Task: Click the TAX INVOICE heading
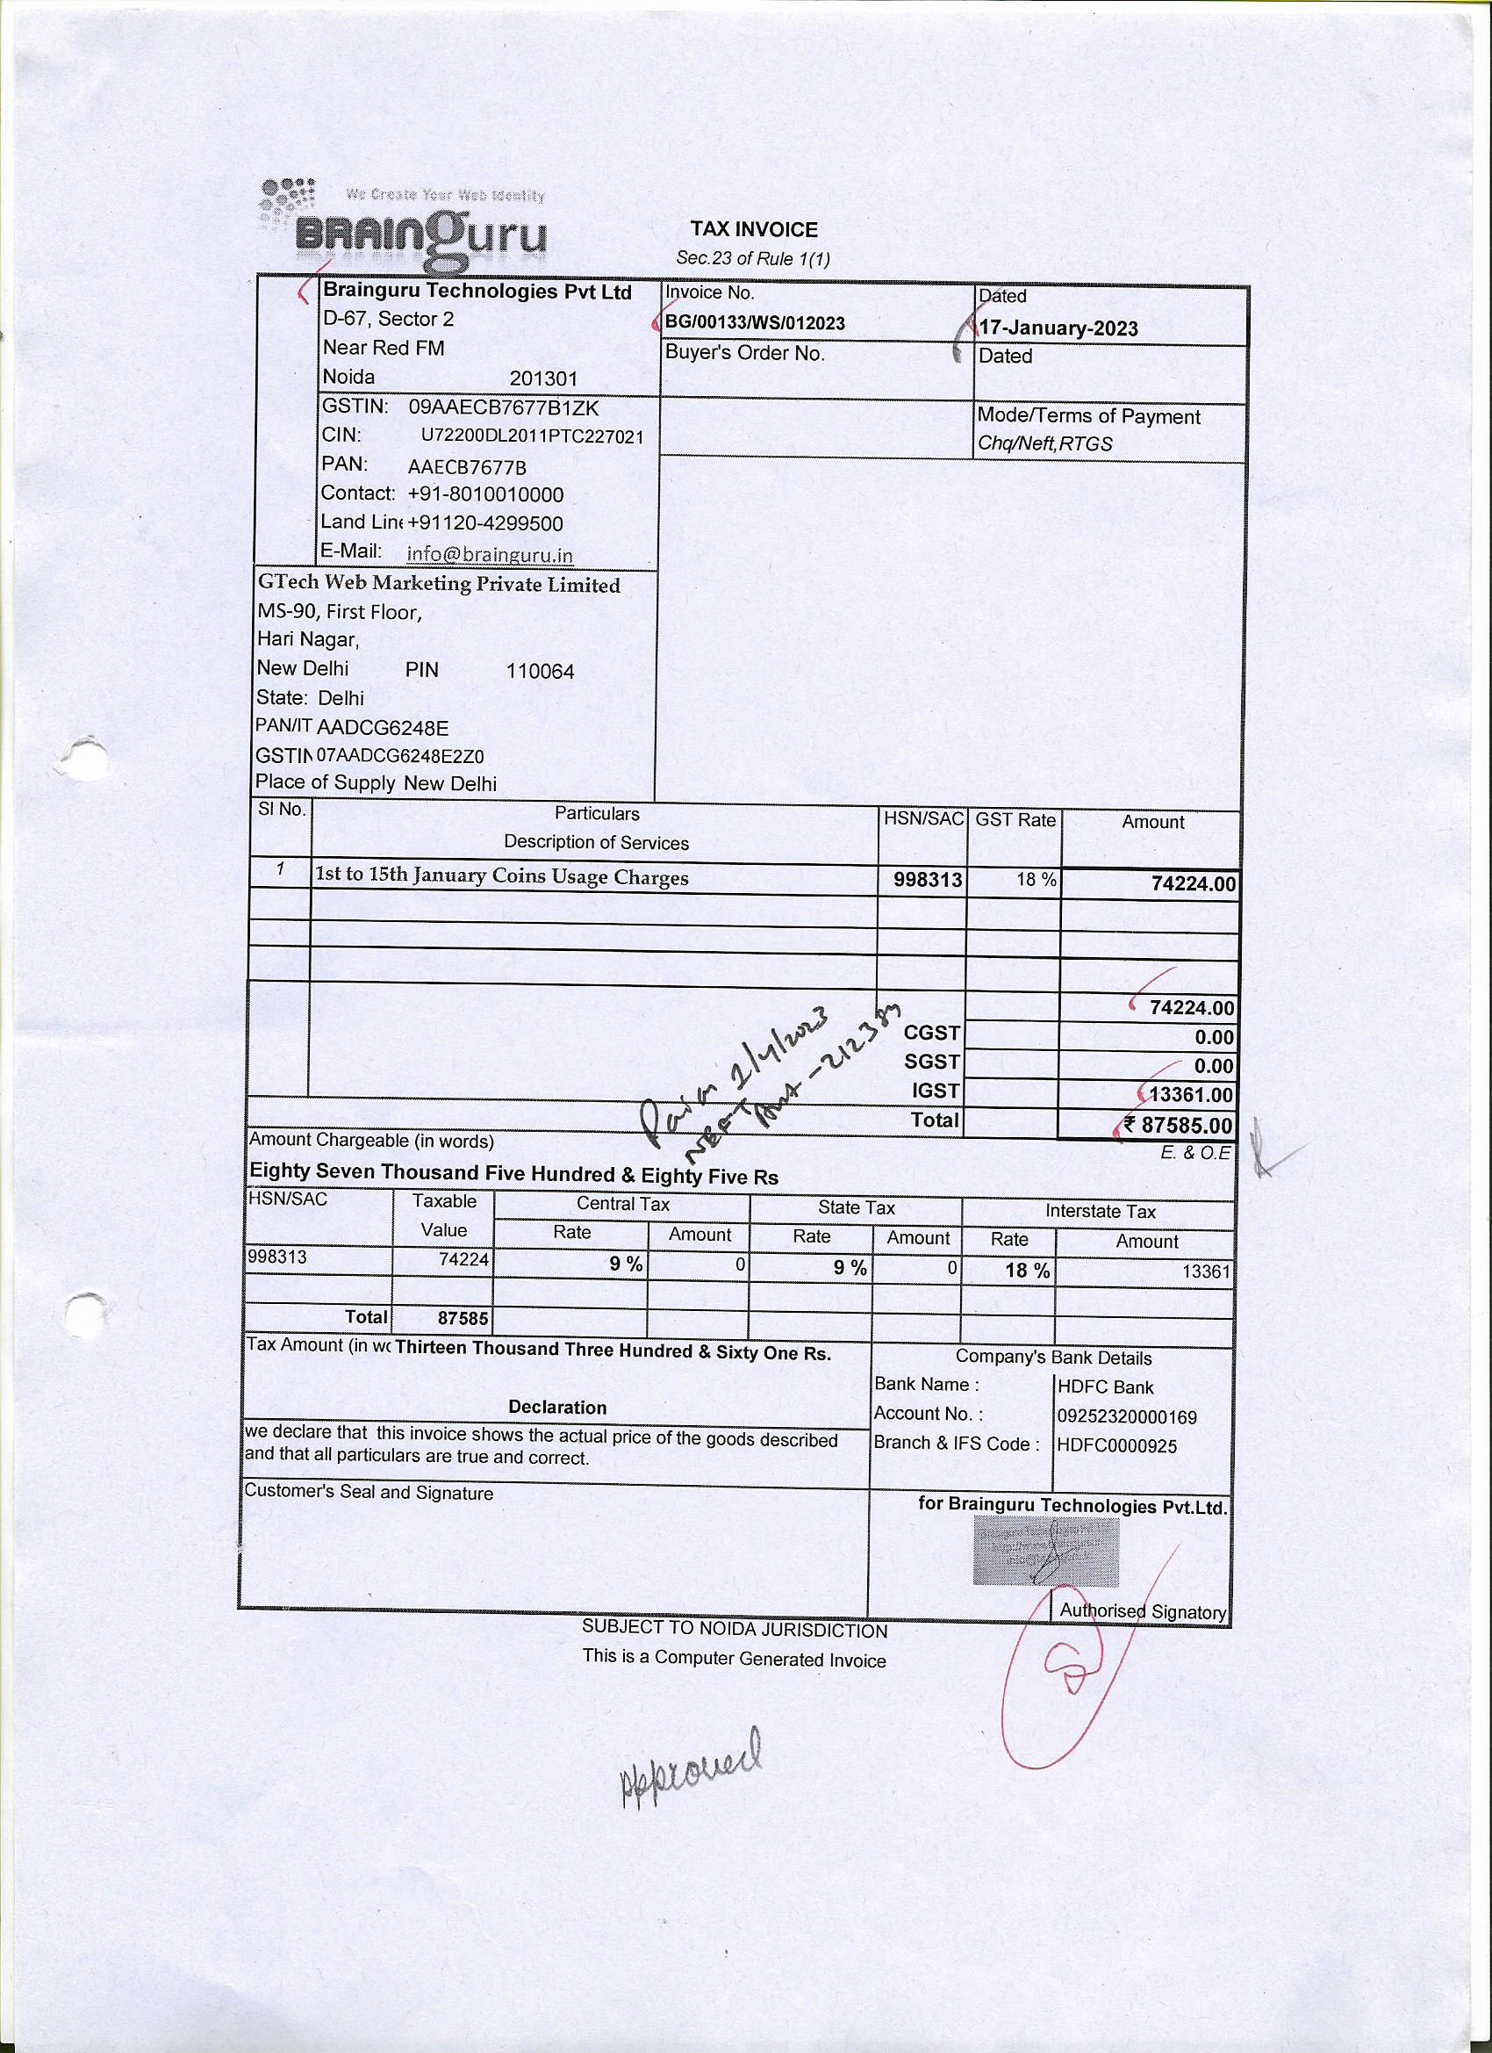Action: (754, 230)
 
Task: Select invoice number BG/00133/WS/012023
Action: (755, 323)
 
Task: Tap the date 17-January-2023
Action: (1058, 328)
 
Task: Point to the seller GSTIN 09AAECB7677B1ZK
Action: (503, 407)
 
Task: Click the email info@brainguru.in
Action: (490, 554)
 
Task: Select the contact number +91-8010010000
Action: (486, 494)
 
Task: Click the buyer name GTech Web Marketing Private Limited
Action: (439, 584)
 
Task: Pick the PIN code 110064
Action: (540, 672)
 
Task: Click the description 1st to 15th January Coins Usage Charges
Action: (501, 877)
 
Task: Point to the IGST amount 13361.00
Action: (1190, 1095)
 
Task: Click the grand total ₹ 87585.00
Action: (1178, 1125)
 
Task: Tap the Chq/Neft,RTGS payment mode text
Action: (1045, 444)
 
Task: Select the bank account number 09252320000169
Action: (1127, 1416)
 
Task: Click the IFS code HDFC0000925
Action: (1116, 1446)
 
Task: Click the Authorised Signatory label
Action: (1142, 1611)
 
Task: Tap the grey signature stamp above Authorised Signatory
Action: (1046, 1552)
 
